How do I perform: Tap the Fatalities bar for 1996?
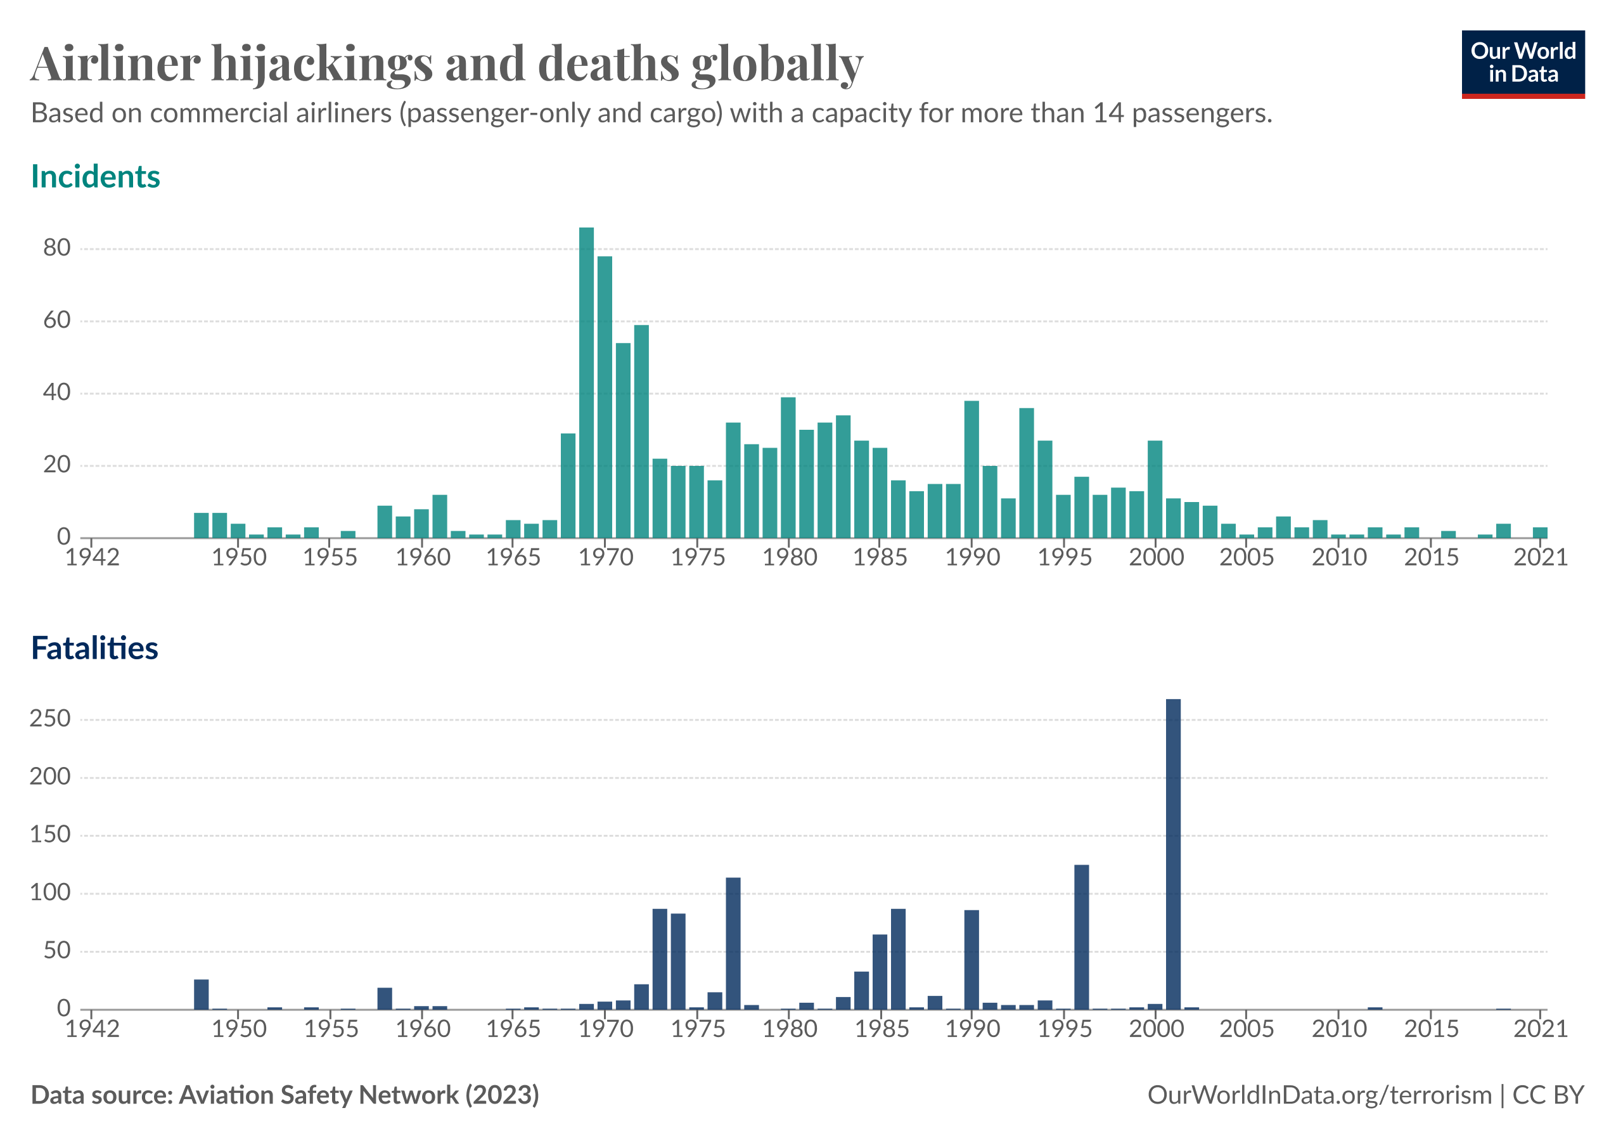pos(1082,937)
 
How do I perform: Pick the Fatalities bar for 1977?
pos(733,943)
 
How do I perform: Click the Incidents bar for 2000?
pos(1155,489)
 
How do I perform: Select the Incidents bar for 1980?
pos(788,467)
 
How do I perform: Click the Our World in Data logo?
pos(1522,63)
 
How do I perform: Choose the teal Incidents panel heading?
pos(96,177)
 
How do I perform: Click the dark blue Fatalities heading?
pos(94,648)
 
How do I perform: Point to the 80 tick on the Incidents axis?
pos(57,248)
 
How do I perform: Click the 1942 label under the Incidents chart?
pos(92,557)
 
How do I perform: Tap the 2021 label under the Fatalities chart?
pos(1540,1029)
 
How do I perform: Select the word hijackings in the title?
pos(322,63)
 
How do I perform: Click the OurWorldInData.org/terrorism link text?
pos(1319,1095)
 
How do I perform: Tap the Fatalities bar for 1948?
pos(202,994)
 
